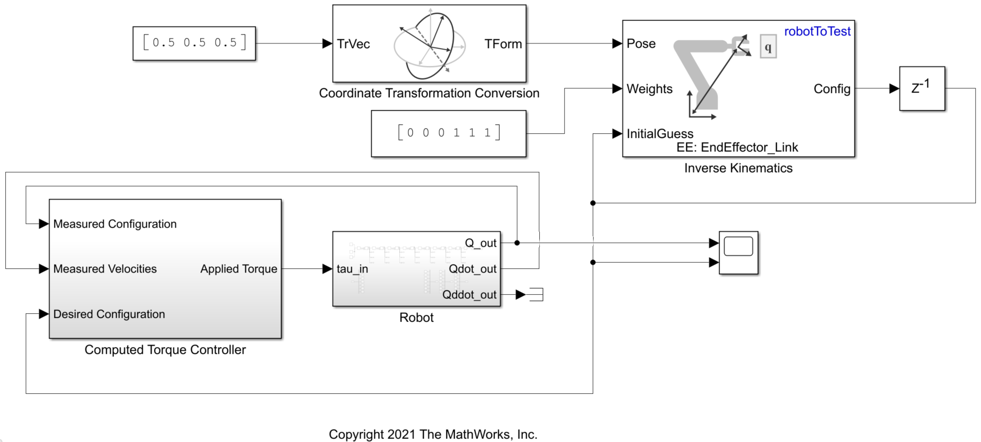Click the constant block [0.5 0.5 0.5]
coord(194,43)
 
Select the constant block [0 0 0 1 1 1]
coord(449,133)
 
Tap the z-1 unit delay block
coord(922,88)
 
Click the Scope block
coord(738,252)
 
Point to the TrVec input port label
coord(353,44)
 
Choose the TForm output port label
coord(503,44)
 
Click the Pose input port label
coord(641,43)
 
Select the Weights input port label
coord(649,89)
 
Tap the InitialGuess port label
coord(659,134)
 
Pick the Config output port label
coord(832,89)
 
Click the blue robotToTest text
coord(817,31)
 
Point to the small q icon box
coord(768,47)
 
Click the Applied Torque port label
coord(238,269)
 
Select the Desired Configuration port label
coord(109,314)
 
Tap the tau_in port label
coord(352,269)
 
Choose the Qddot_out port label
coord(469,295)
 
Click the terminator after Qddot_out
coord(536,294)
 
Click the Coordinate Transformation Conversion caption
coord(429,93)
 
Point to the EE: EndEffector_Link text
coord(737,147)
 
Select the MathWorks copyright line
coord(433,434)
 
